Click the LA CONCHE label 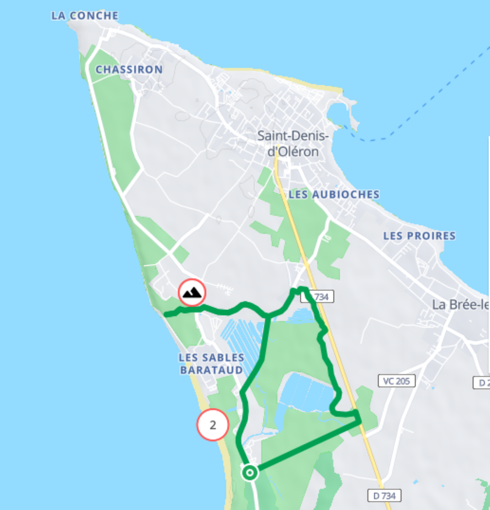pos(85,16)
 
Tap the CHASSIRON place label pos(129,70)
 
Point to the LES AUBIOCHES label pos(334,194)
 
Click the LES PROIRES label pos(419,236)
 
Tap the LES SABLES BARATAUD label pos(211,364)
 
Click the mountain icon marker pos(192,292)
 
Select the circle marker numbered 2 pos(213,425)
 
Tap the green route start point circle pos(250,473)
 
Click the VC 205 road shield pos(396,381)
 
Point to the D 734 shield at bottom pos(384,496)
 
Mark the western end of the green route pos(166,314)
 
